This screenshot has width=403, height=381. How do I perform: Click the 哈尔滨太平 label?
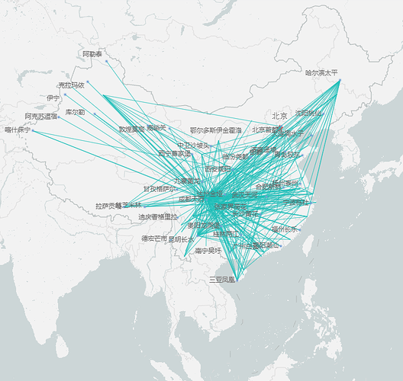coord(321,73)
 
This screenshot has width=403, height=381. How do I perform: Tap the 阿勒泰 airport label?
coord(92,54)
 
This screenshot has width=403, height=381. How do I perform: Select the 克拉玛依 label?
coord(71,85)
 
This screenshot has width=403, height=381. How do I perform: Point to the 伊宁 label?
coord(53,98)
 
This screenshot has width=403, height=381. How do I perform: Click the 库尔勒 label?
coord(75,112)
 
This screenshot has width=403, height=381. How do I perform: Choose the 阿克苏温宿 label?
coord(40,117)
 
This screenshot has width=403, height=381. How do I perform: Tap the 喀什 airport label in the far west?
coord(17,130)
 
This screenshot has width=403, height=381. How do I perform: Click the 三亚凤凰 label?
coord(222,280)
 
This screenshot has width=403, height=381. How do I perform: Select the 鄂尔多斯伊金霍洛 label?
coord(215,131)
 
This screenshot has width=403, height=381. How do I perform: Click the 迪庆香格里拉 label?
coord(158,217)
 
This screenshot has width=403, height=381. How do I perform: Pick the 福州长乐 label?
coord(285,229)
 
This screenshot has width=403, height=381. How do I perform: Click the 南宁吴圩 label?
coord(208,250)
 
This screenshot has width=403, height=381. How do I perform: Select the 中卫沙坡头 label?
coord(193,145)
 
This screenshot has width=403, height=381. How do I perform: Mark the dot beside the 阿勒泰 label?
coord(105,55)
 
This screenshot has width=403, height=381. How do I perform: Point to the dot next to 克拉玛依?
coord(88,82)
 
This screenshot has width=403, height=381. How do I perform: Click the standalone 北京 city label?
coord(279,117)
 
